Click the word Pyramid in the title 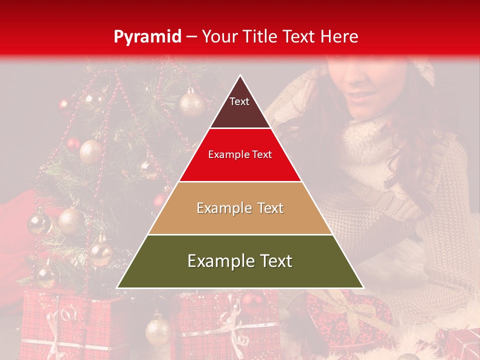pos(147,37)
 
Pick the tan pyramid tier pos(240,220)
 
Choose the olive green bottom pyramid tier pos(240,272)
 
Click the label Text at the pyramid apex pos(239,101)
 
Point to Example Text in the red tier pos(240,155)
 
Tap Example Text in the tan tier pos(240,208)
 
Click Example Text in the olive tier pos(240,261)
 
